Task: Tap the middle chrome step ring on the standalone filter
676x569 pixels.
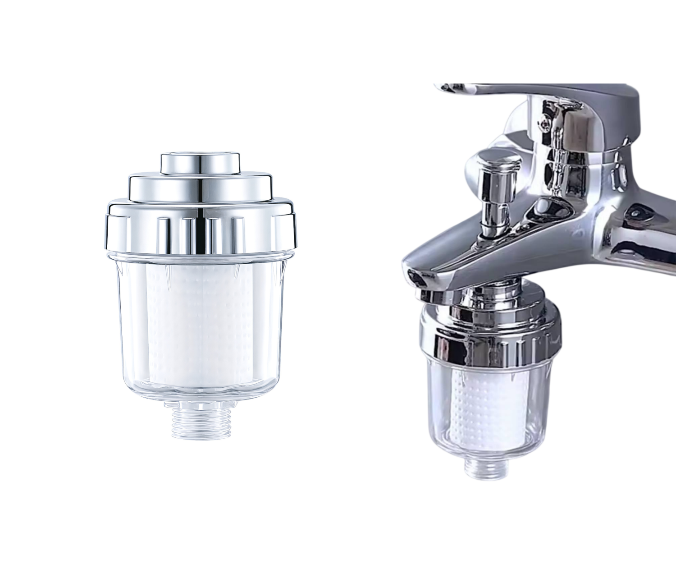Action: [x=200, y=188]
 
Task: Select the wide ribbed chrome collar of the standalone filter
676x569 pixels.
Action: [x=201, y=225]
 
